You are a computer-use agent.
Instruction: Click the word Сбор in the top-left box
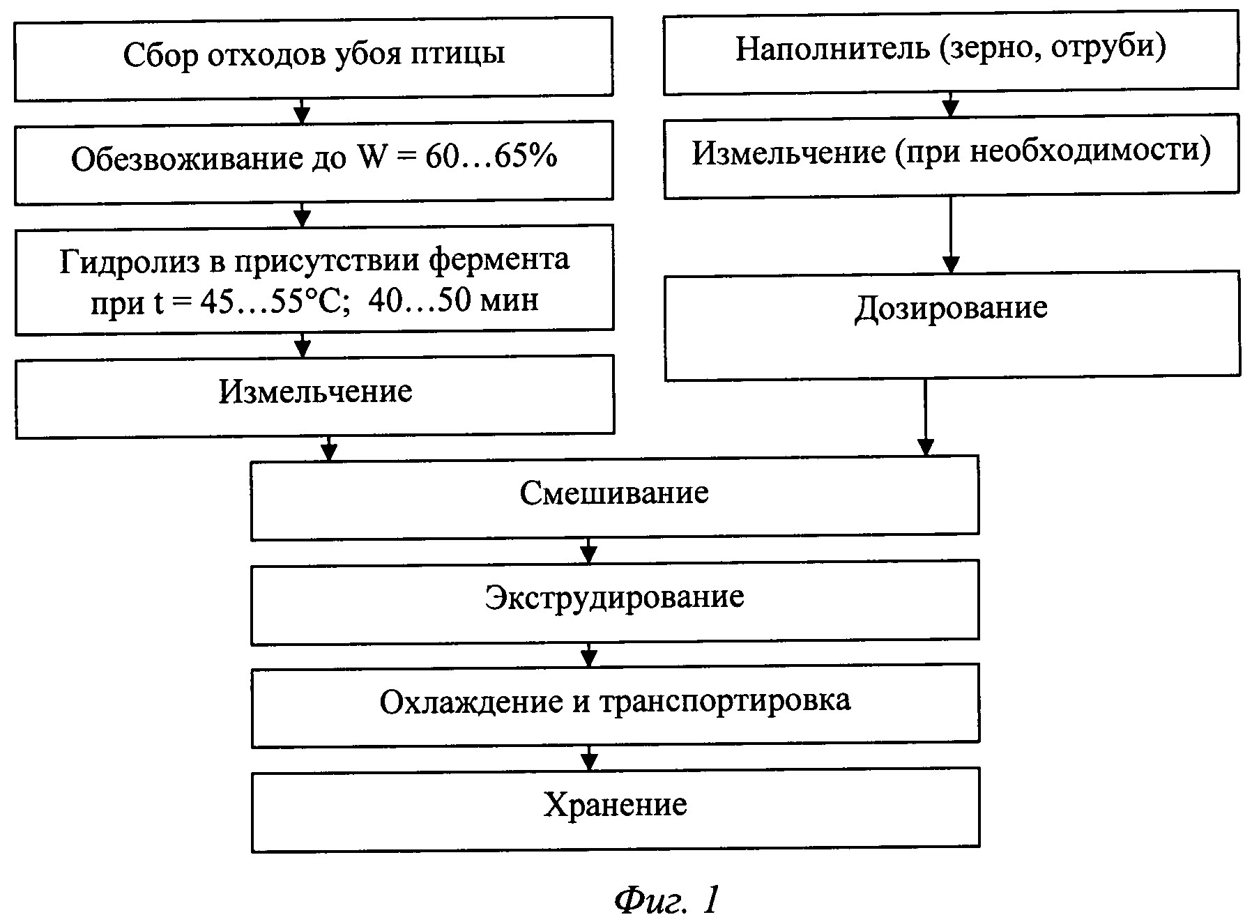point(160,54)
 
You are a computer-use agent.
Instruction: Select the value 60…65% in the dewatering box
point(491,158)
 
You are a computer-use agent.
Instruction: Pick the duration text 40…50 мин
point(453,300)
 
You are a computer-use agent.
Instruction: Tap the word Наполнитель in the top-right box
point(832,49)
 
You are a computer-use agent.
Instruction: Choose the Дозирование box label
point(951,307)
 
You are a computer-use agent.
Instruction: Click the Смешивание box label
point(614,493)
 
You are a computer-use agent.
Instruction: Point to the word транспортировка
point(725,701)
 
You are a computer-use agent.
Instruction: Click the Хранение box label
point(615,806)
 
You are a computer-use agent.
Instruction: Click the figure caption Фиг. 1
point(665,900)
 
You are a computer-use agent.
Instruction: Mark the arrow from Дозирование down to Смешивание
point(925,418)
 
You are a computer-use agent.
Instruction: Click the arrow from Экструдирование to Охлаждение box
point(589,654)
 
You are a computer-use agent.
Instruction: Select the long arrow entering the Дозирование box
point(951,234)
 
